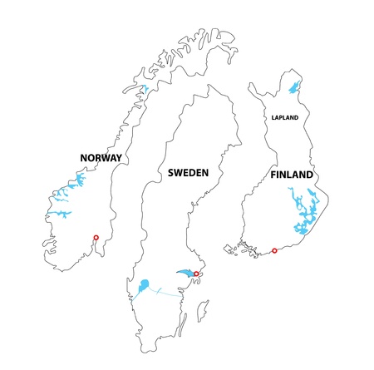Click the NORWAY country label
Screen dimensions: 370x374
101,158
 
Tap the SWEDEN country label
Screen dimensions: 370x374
188,173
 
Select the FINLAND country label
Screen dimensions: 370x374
292,175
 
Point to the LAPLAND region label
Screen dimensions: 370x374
284,118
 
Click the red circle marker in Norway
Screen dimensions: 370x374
96,238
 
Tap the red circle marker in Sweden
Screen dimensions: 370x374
196,274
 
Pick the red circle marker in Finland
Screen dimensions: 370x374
274,250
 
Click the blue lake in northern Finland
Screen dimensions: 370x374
293,86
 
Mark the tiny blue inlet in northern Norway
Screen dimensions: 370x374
143,88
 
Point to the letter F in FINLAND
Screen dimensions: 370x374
274,175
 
